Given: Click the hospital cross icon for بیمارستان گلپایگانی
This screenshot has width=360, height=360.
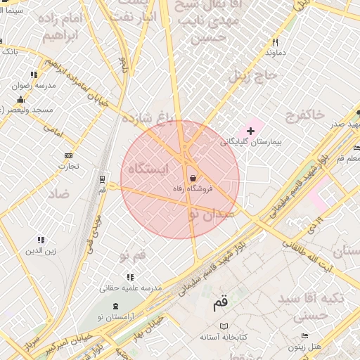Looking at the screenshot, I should point(250,131).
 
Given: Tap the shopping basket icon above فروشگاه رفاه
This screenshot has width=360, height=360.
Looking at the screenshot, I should point(193,179).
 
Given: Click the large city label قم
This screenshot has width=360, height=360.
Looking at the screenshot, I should point(220,303).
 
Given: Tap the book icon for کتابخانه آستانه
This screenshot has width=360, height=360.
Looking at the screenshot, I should point(224,327).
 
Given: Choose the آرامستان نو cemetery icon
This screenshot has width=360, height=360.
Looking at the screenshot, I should point(115,307).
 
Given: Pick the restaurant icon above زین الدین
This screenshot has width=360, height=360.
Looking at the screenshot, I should point(41,240).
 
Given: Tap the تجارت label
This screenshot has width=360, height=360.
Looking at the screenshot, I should point(68,167).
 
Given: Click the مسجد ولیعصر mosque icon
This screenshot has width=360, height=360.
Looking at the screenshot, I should point(21,98).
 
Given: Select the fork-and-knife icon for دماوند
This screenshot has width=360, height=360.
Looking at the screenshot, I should point(275,41).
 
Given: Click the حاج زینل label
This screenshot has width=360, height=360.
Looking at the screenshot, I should point(266,75).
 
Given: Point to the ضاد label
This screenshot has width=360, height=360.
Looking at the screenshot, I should point(59,193).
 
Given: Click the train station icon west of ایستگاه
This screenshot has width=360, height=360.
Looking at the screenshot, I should point(103,179).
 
